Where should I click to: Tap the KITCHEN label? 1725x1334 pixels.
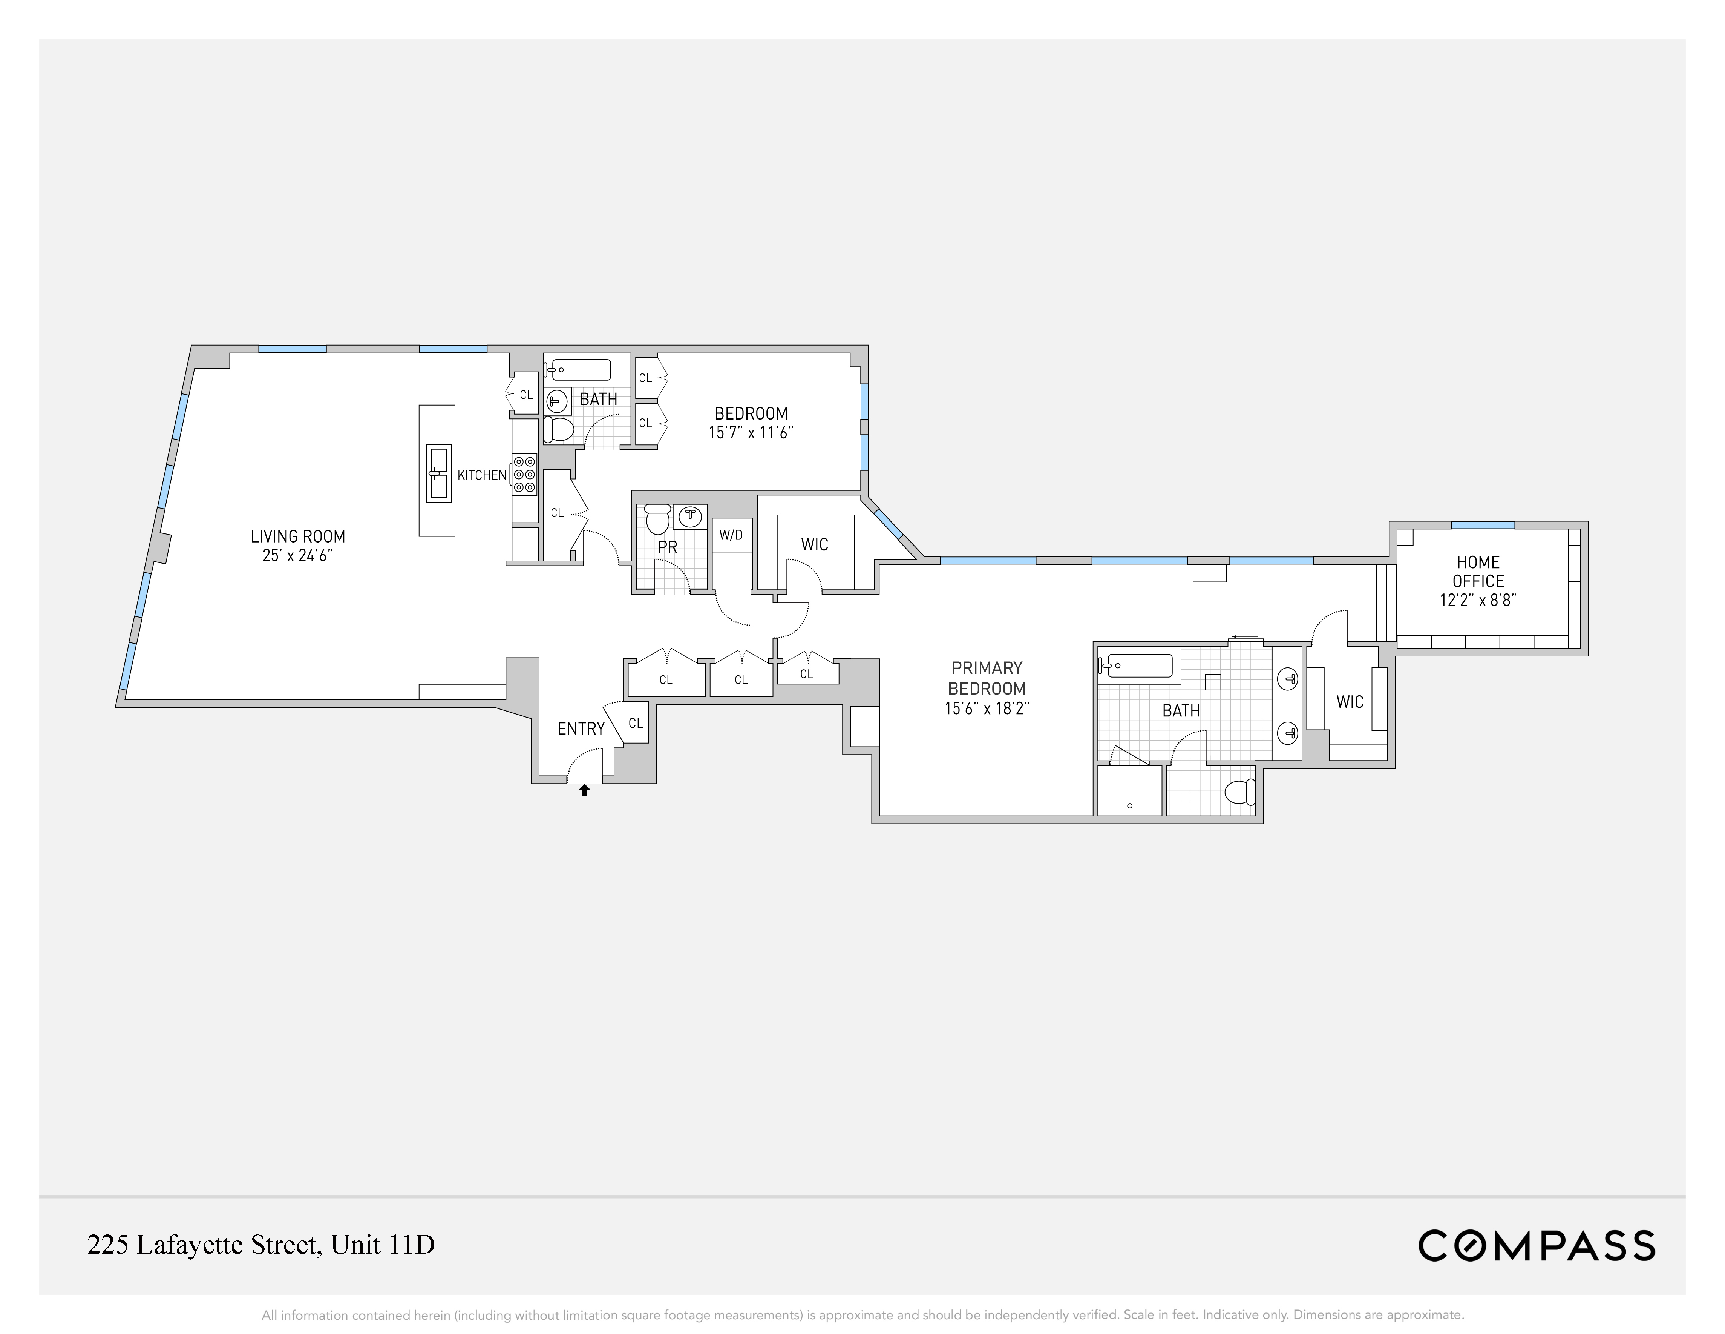click(482, 475)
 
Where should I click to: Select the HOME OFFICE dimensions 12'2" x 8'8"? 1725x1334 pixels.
click(1478, 600)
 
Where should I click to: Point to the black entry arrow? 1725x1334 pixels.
click(584, 790)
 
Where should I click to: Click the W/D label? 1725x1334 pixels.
click(731, 535)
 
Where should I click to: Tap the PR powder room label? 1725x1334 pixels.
click(667, 547)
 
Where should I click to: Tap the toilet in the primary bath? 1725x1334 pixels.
click(1240, 791)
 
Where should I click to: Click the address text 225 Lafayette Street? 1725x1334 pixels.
click(260, 1245)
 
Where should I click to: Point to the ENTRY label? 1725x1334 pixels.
click(581, 728)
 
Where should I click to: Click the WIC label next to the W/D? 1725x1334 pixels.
click(814, 544)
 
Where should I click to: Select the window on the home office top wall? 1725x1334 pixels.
click(1483, 525)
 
